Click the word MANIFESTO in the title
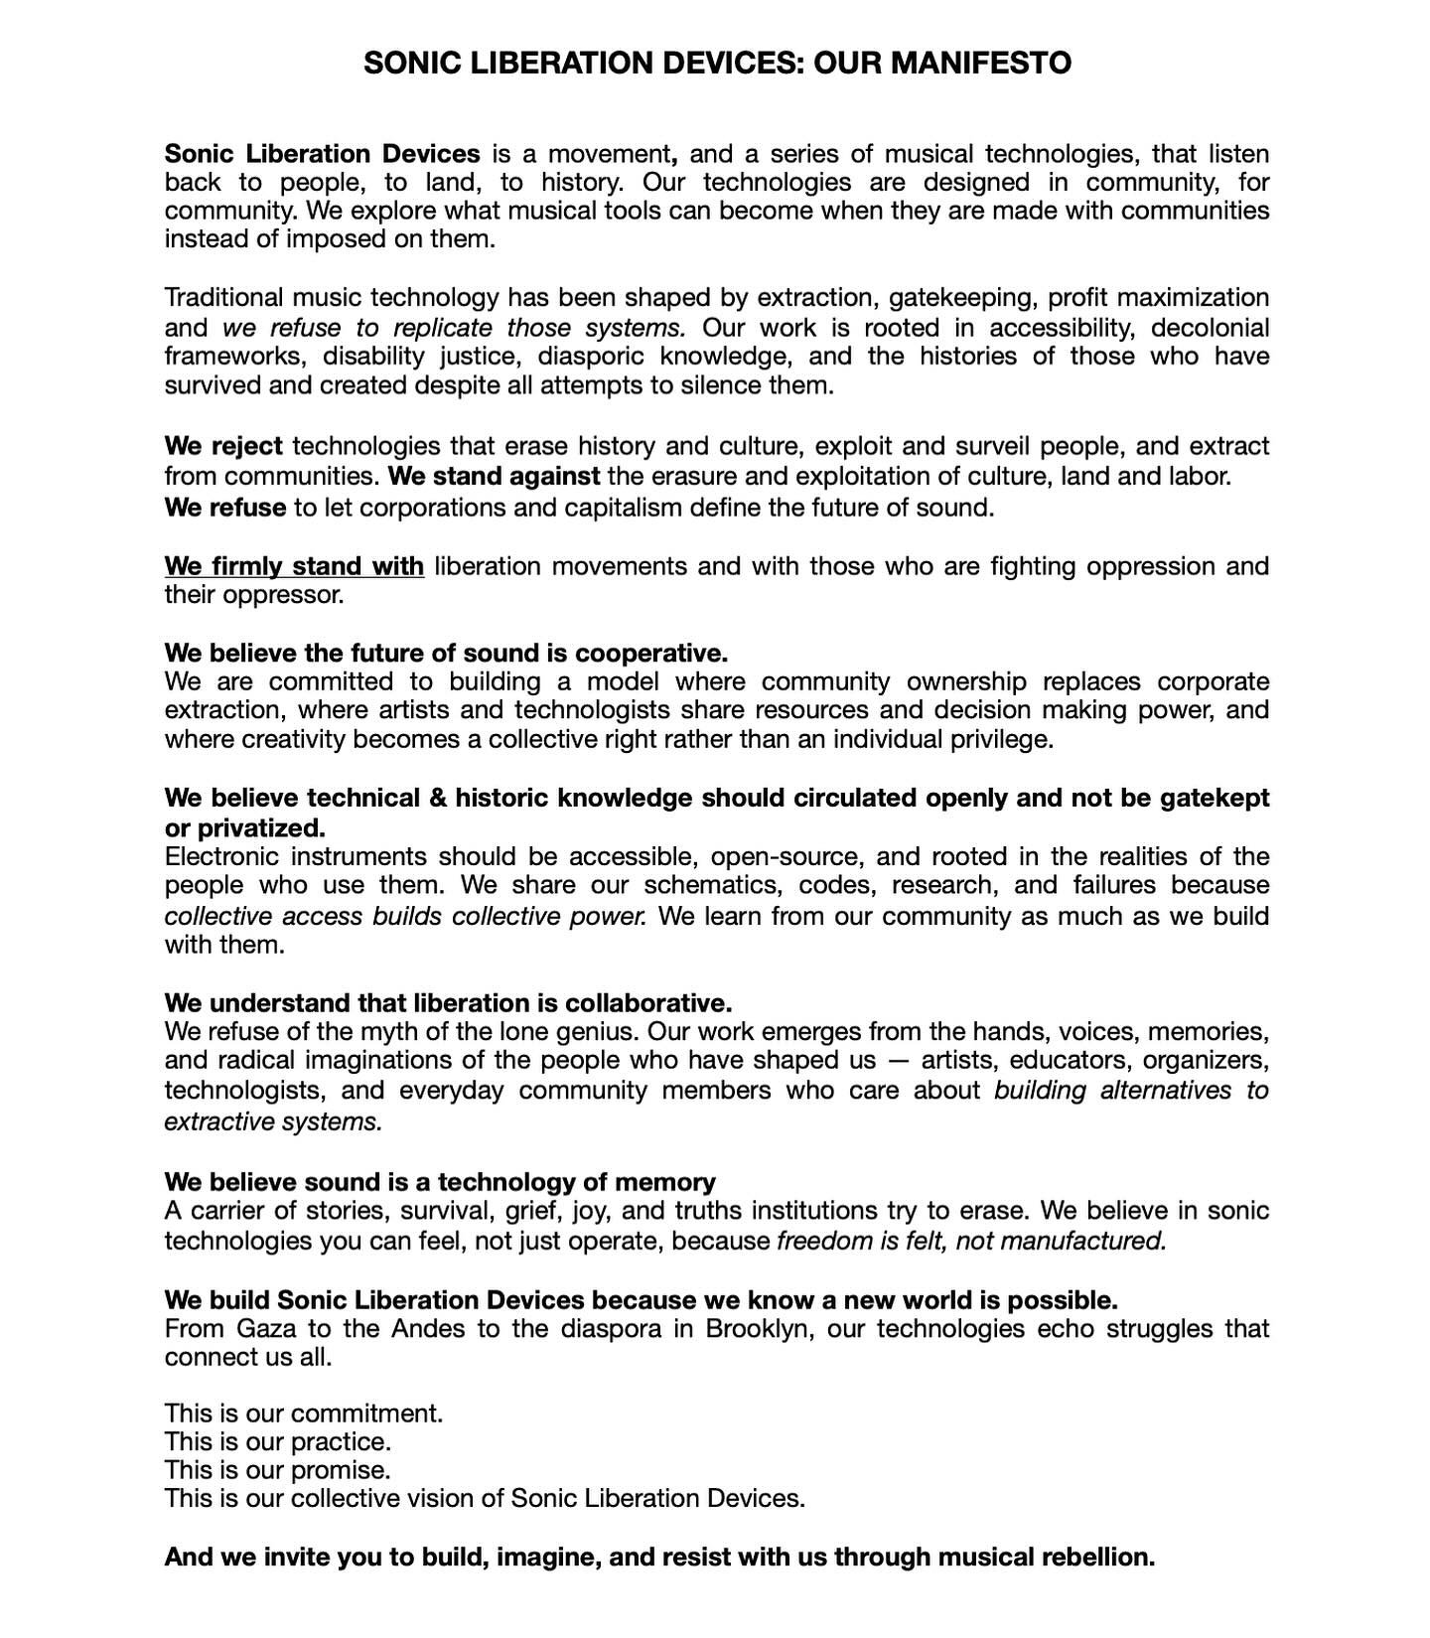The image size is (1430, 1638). (x=980, y=64)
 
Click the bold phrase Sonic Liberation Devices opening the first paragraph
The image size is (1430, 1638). (x=322, y=154)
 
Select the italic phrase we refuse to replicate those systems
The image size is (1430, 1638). (x=454, y=328)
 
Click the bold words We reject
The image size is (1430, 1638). (x=223, y=447)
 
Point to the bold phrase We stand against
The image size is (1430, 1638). (x=494, y=477)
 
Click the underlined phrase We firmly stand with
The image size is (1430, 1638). (x=294, y=566)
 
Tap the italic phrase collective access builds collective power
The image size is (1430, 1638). (x=405, y=916)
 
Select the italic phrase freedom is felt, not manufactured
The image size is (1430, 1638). (x=970, y=1241)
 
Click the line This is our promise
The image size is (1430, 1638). (x=277, y=1469)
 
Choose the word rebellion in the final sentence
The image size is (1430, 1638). (x=1097, y=1557)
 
